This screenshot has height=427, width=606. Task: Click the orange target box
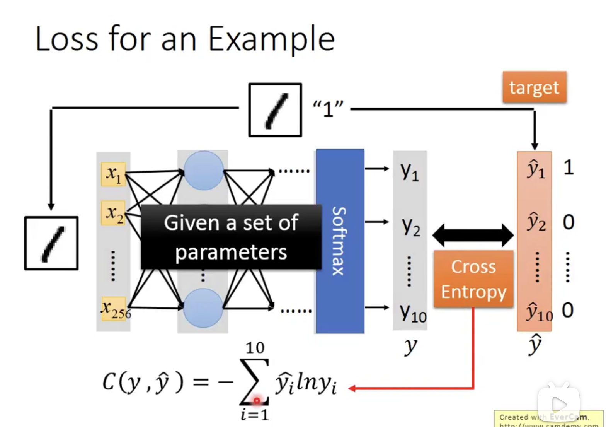534,87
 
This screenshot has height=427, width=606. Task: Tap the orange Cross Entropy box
473,279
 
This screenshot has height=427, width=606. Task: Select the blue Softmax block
340,241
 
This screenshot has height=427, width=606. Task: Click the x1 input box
113,174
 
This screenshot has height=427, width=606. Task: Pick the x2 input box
113,213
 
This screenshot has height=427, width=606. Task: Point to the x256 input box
114,309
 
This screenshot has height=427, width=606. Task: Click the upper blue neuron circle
203,171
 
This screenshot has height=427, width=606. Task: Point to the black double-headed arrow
473,235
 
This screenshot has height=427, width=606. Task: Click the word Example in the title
271,39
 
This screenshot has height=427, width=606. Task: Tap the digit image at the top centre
275,110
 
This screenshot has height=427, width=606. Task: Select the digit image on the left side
51,243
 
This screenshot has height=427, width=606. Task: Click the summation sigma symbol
254,381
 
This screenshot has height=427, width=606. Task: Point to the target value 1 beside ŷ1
568,168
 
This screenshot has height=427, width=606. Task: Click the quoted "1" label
328,109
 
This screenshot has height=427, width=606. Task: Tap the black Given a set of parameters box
231,237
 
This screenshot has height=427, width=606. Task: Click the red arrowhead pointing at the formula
352,388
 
